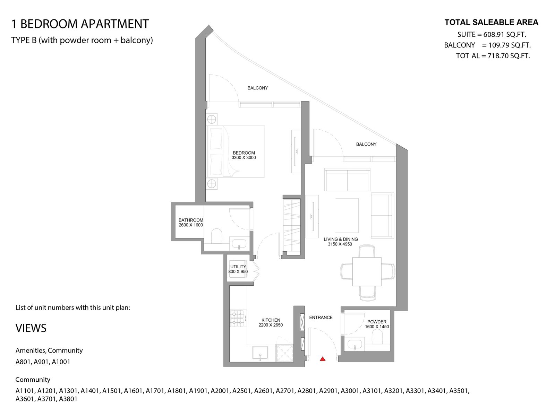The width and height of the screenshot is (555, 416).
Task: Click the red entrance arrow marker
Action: point(322,359)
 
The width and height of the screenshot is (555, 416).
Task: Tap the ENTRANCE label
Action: point(321,318)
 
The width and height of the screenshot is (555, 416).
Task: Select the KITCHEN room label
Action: point(271,320)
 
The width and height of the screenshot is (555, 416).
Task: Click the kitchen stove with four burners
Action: point(238,318)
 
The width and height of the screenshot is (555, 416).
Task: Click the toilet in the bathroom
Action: point(216,236)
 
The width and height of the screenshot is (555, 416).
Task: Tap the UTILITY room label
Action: point(238,267)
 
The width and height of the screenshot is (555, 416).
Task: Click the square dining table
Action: point(367,271)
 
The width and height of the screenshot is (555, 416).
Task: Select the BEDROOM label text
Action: point(244,153)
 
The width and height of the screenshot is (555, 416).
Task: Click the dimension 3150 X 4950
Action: point(340,244)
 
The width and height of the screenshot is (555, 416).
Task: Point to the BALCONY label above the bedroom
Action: point(257,88)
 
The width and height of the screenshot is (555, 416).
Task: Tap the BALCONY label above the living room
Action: point(366,144)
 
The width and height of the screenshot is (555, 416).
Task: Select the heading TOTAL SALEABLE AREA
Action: point(491,23)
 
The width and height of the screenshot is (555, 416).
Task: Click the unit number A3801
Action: point(68,399)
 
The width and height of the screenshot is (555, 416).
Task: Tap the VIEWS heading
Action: point(31,328)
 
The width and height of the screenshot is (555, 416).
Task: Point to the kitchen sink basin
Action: point(260,353)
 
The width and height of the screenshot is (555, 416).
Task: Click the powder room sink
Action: point(355,344)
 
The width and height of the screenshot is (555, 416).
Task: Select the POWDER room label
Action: point(377,322)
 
